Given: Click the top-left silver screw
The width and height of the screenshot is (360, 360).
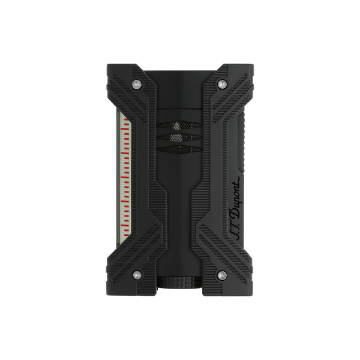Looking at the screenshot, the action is (137, 85).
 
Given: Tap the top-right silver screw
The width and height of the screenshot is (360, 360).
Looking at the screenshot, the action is (222, 84).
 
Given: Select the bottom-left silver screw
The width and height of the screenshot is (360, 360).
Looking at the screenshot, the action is (137, 275).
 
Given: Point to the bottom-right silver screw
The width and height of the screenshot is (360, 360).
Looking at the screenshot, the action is (222, 275).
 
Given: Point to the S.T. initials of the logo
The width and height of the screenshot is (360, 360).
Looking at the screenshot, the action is (234, 231).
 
